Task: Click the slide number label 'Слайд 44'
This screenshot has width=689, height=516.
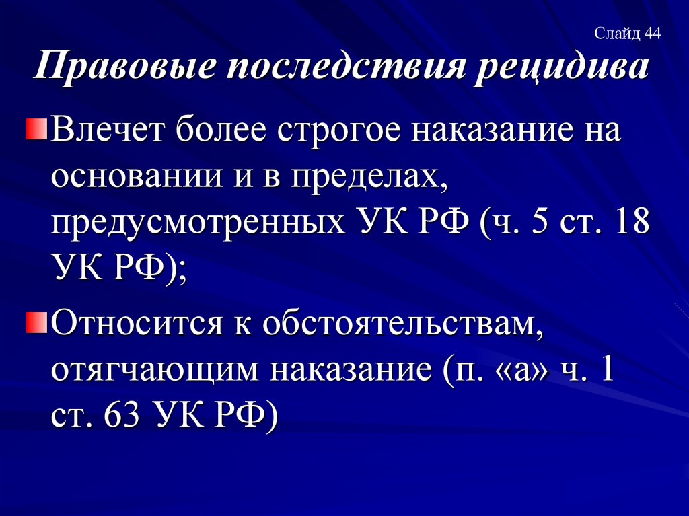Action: click(x=628, y=33)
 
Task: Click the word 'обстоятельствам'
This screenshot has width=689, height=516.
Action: click(x=397, y=326)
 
